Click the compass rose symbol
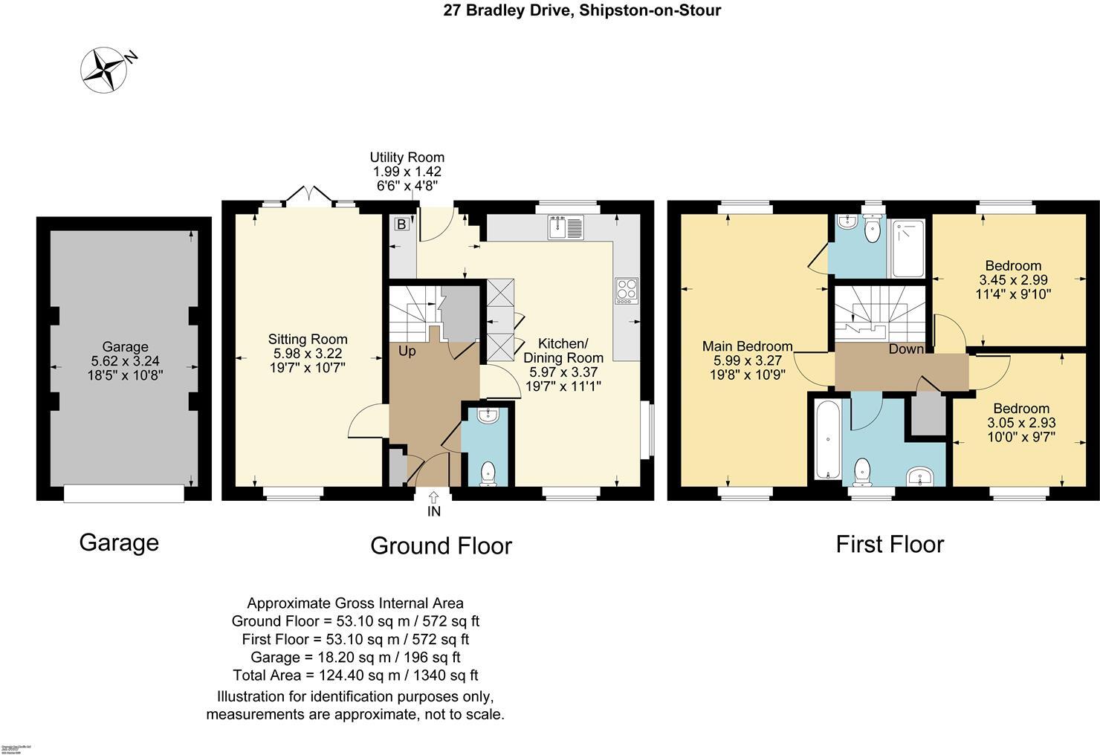pyautogui.click(x=104, y=70)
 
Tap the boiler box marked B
pyautogui.click(x=401, y=224)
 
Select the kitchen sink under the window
pyautogui.click(x=567, y=227)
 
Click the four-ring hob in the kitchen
pyautogui.click(x=626, y=291)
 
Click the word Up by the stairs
pyautogui.click(x=407, y=351)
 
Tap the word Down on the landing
pyautogui.click(x=906, y=349)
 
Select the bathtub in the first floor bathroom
pyautogui.click(x=826, y=440)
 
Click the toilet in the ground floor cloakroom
pyautogui.click(x=488, y=473)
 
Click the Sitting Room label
pyautogui.click(x=308, y=340)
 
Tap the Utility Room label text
pyautogui.click(x=407, y=158)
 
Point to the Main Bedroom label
pyautogui.click(x=748, y=346)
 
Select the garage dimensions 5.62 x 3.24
pyautogui.click(x=125, y=361)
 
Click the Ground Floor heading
pyautogui.click(x=441, y=546)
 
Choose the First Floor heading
pyautogui.click(x=890, y=545)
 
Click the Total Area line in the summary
pyautogui.click(x=355, y=675)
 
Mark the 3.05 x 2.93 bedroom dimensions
pyautogui.click(x=1021, y=423)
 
